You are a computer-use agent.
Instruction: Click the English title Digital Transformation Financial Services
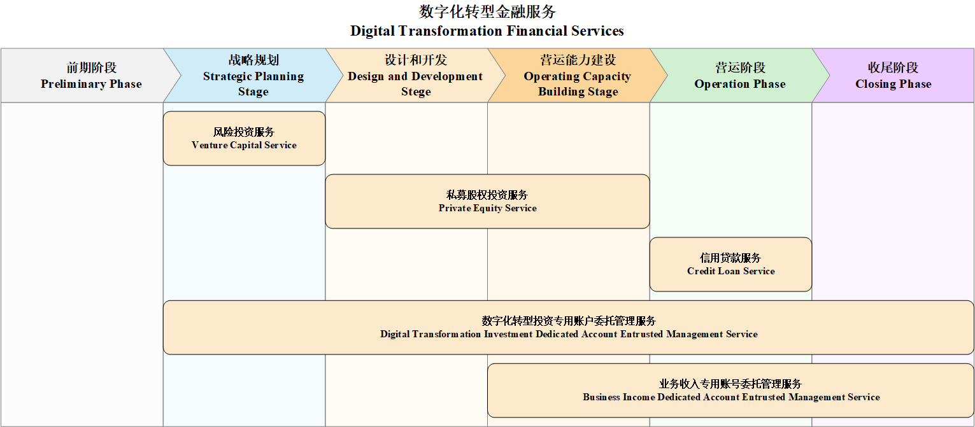(487, 31)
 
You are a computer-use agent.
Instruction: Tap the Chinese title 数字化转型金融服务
(487, 11)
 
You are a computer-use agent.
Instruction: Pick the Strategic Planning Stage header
(253, 76)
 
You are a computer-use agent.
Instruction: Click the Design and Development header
(415, 76)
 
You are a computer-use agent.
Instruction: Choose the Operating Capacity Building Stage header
(578, 76)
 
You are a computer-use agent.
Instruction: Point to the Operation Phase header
(740, 76)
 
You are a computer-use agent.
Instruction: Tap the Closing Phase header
(893, 76)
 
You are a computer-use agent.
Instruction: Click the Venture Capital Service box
(244, 138)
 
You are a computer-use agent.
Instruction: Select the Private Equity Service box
(488, 201)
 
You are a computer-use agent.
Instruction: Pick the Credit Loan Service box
(731, 264)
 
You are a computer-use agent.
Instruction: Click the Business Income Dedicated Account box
(731, 391)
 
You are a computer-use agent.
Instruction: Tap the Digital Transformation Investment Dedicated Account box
(569, 328)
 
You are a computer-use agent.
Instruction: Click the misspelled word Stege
(416, 92)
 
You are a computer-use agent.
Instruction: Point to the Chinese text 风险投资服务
(244, 132)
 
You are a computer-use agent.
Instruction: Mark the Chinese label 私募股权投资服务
(487, 195)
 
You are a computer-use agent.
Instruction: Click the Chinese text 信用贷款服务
(730, 258)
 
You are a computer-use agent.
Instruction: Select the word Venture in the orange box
(210, 145)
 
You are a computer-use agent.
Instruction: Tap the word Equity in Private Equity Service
(488, 208)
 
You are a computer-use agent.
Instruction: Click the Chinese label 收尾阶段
(893, 67)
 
